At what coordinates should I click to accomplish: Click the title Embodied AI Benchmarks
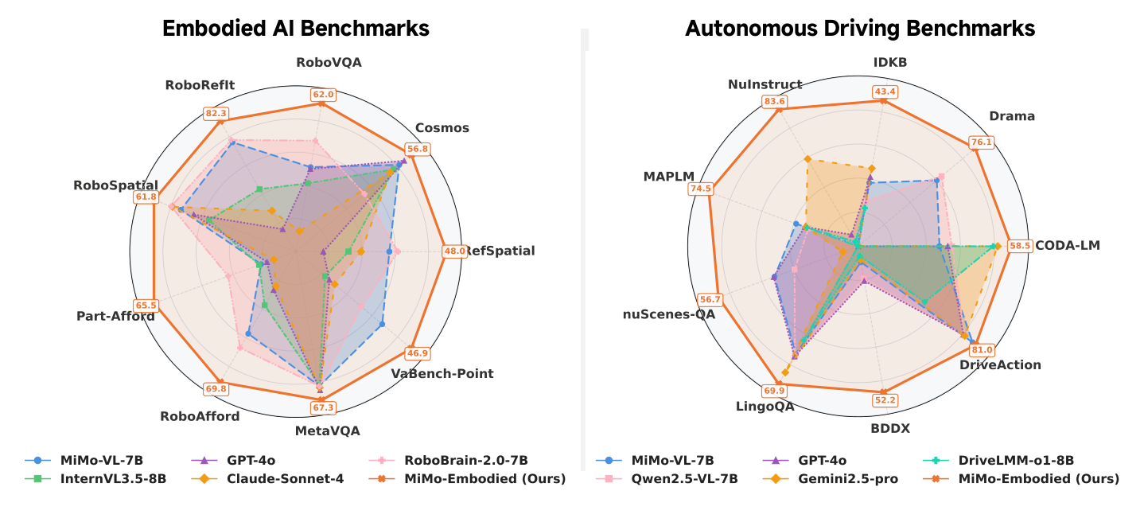pyautogui.click(x=296, y=29)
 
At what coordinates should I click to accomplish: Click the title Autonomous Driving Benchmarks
pyautogui.click(x=860, y=29)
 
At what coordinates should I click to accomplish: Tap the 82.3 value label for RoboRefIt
pyautogui.click(x=216, y=113)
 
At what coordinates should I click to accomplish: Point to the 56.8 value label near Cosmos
pyautogui.click(x=418, y=149)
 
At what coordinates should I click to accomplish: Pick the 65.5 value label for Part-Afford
pyautogui.click(x=146, y=305)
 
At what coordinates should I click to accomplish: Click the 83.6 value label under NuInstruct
pyautogui.click(x=774, y=101)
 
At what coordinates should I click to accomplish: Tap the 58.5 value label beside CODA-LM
pyautogui.click(x=1019, y=246)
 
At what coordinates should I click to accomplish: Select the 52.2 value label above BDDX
pyautogui.click(x=885, y=400)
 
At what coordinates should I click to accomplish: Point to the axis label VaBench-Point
pyautogui.click(x=442, y=373)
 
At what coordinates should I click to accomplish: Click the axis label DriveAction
pyautogui.click(x=1000, y=364)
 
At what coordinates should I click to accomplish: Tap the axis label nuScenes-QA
pyautogui.click(x=669, y=314)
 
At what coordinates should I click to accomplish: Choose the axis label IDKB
pyautogui.click(x=889, y=62)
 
